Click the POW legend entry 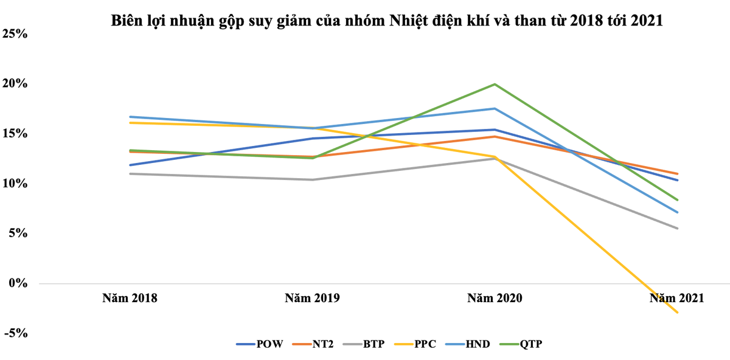tap(260, 344)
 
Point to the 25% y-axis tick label tap(15, 33)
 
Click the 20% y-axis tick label tap(15, 83)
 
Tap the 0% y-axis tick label tap(19, 283)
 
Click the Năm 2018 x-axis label tap(130, 298)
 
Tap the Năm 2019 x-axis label tap(313, 298)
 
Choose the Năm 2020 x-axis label tap(495, 298)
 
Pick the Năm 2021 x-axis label tap(676, 298)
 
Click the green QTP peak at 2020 tap(495, 84)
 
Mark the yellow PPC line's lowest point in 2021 tap(677, 313)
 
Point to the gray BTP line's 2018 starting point tap(130, 174)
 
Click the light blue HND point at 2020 tap(495, 108)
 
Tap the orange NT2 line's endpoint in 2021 tap(677, 174)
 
